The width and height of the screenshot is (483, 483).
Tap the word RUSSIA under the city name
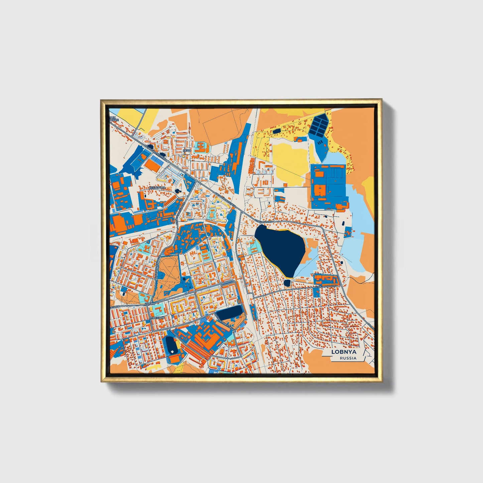[348, 358]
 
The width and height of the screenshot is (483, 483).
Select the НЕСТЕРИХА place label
[157, 188]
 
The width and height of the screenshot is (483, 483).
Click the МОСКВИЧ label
[157, 318]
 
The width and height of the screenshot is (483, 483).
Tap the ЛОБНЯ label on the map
[150, 304]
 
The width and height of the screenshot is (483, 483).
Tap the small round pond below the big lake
[287, 283]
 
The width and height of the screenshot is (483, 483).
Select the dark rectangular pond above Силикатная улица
[229, 313]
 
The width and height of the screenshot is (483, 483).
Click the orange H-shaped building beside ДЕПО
[200, 147]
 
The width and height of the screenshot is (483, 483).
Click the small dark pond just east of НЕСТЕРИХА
[177, 191]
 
